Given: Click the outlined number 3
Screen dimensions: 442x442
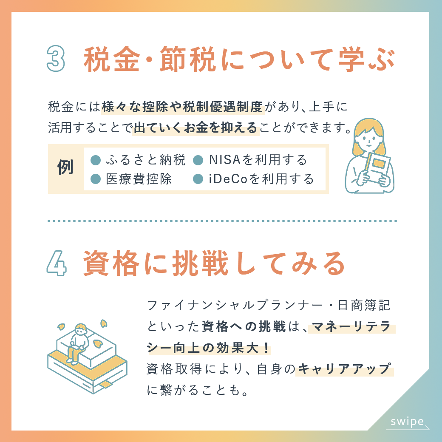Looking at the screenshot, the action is coord(56,59).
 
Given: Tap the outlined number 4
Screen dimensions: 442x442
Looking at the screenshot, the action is coord(57,263).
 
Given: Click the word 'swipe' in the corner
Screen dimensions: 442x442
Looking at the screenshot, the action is coord(407,422).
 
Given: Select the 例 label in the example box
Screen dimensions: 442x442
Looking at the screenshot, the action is coord(65,167).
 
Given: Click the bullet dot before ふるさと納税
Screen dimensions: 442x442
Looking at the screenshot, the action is coord(96,160).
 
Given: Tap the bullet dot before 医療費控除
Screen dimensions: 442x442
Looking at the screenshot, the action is coord(96,179).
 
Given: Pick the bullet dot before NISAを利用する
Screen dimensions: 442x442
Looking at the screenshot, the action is coord(198,160).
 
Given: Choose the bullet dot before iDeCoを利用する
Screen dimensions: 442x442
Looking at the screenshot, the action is coord(198,179).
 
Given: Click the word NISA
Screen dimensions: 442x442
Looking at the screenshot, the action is coord(225,160).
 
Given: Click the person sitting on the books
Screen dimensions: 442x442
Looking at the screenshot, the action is coord(77,344).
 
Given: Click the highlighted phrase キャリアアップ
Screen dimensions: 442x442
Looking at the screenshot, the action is coord(345,369).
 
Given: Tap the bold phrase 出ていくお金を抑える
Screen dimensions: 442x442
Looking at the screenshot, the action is coord(195,127).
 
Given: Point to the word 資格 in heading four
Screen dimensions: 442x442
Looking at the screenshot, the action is coord(111,263).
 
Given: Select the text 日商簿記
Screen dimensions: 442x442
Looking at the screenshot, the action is coord(364,305).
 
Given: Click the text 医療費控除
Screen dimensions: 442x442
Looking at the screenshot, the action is coord(139,179).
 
